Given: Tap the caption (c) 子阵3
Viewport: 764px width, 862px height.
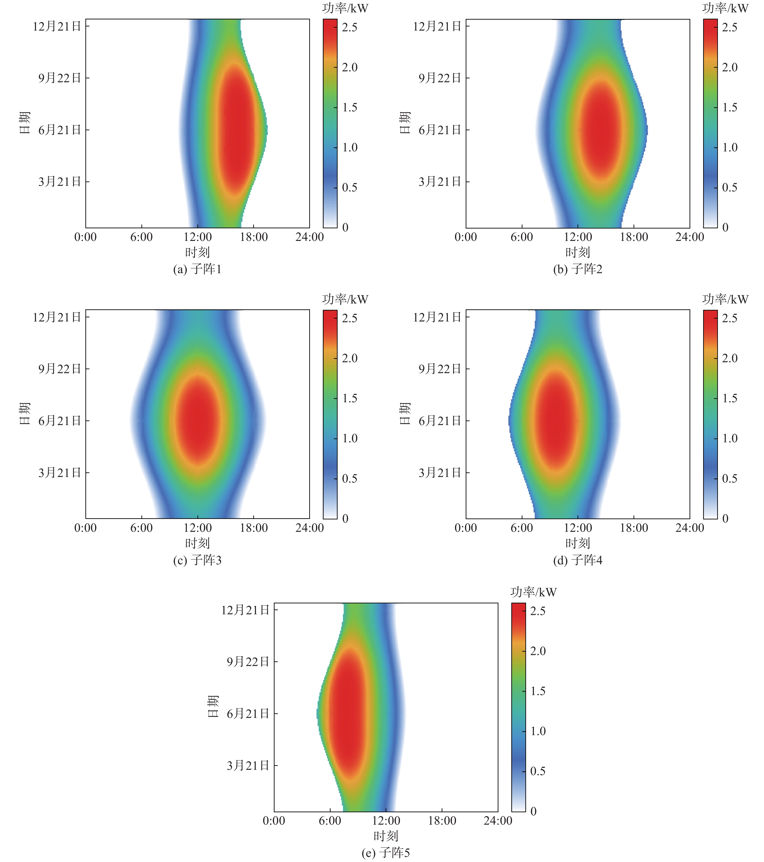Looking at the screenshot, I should pos(197,560).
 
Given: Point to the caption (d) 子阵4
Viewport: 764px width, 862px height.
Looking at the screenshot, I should pos(578,560).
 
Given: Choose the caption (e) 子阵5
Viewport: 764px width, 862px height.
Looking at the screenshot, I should pos(386,853).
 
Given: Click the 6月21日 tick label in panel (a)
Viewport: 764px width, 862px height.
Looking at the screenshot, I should pos(59,130).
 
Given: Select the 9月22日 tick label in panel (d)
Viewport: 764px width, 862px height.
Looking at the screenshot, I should pos(440,369).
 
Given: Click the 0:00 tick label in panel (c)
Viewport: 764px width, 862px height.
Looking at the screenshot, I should pos(86,528).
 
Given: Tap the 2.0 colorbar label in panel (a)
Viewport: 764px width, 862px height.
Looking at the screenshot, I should pos(349,67).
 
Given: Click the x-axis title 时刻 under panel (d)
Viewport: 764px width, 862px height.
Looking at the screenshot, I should pos(578,543).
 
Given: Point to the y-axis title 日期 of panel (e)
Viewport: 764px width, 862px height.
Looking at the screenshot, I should pos(213,706).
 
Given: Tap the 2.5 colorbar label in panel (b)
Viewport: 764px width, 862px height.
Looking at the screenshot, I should pos(730,27).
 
